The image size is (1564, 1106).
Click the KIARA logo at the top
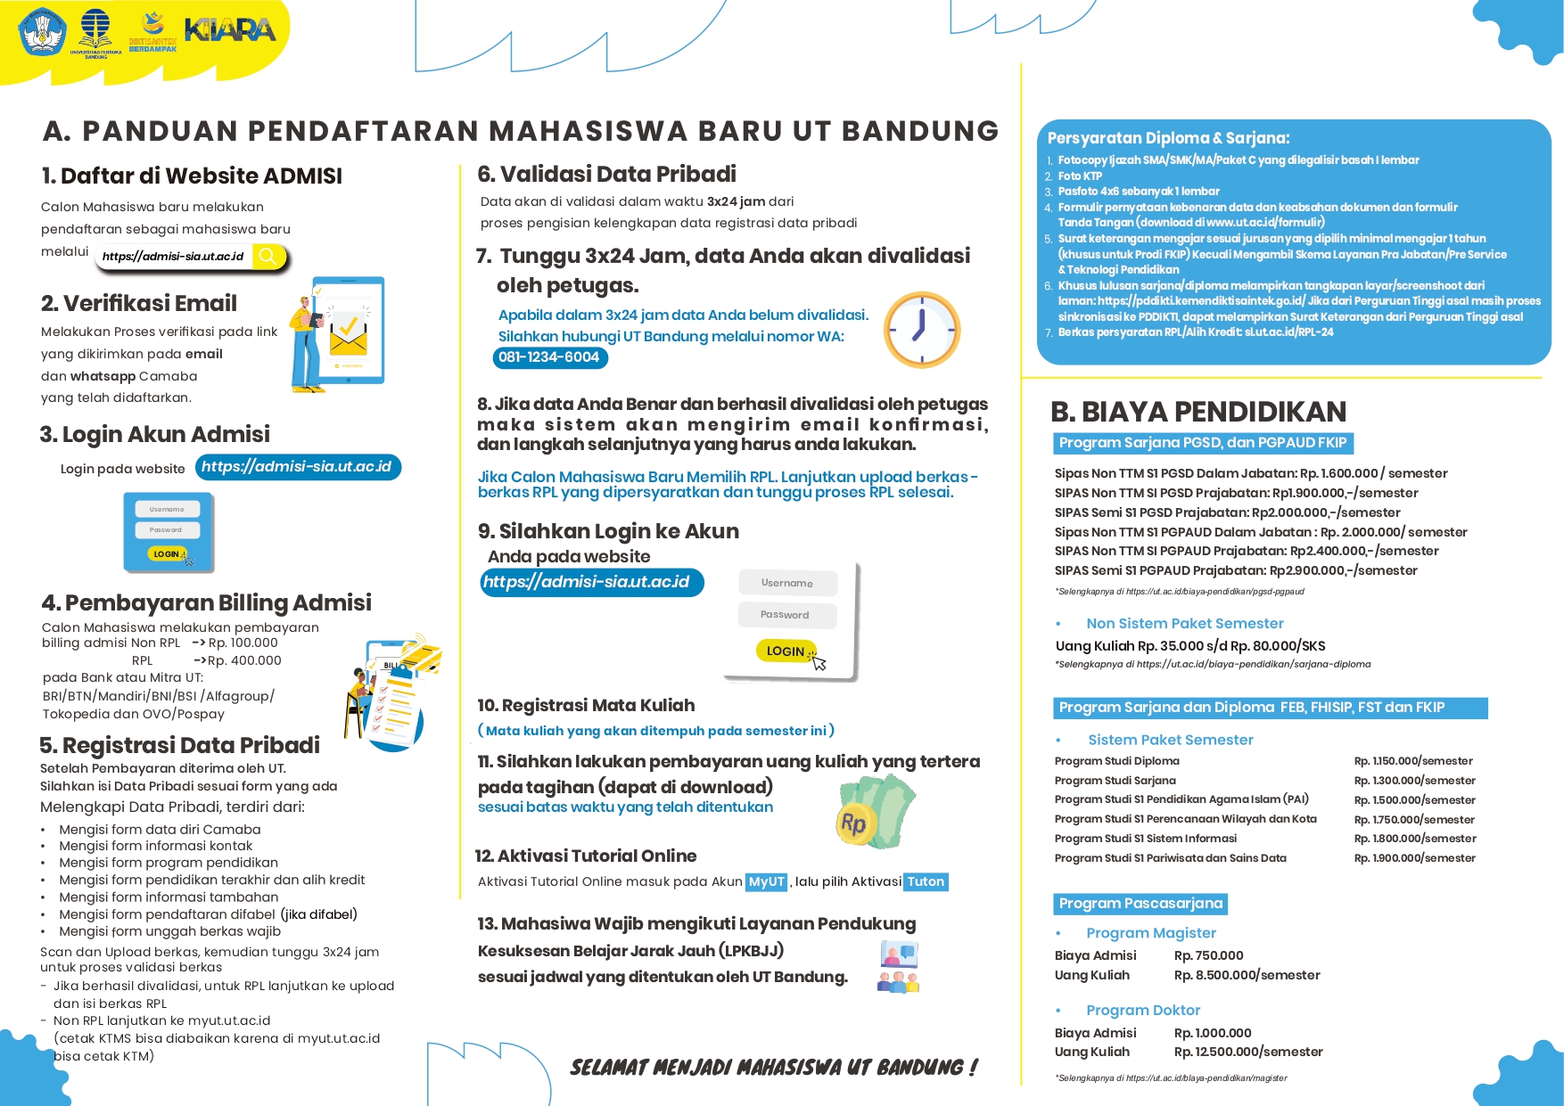pyautogui.click(x=230, y=30)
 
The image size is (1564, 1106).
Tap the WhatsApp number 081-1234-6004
pyautogui.click(x=549, y=357)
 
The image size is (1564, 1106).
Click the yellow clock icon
pyautogui.click(x=921, y=330)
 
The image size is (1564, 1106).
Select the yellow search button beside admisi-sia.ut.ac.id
pyautogui.click(x=268, y=257)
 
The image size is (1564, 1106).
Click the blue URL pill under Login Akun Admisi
pyautogui.click(x=297, y=467)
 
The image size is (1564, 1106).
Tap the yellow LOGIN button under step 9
pyautogui.click(x=786, y=651)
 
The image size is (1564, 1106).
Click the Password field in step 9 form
pyautogui.click(x=786, y=615)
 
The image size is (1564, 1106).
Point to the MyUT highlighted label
pyautogui.click(x=766, y=881)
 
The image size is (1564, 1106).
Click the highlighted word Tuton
pyautogui.click(x=926, y=881)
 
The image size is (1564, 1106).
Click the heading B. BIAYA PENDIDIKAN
pyautogui.click(x=1198, y=412)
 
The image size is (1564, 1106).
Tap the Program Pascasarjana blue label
pyautogui.click(x=1140, y=904)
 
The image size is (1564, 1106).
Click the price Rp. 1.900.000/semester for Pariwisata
pyautogui.click(x=1414, y=858)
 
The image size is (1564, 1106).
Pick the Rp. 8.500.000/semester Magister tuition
pyautogui.click(x=1247, y=975)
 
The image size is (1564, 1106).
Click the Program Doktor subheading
pyautogui.click(x=1142, y=1010)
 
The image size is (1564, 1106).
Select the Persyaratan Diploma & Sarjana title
pyautogui.click(x=1168, y=138)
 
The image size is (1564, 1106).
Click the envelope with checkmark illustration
pyautogui.click(x=348, y=333)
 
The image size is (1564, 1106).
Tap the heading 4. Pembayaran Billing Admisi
pyautogui.click(x=206, y=602)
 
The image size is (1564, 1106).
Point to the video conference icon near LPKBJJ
pyautogui.click(x=899, y=968)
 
